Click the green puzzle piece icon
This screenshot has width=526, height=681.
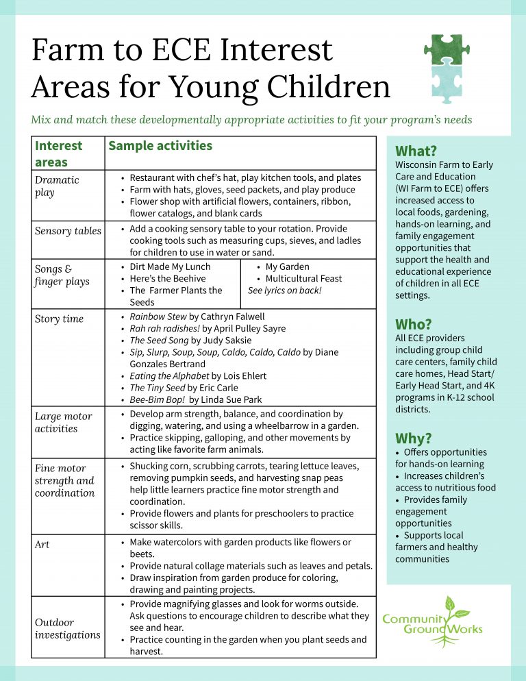[446, 50]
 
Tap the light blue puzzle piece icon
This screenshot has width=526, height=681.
[446, 80]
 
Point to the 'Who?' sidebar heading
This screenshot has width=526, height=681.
[414, 324]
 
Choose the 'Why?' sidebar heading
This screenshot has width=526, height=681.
[414, 438]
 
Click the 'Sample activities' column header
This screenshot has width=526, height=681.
[160, 146]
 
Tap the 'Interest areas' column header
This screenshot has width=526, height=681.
[58, 153]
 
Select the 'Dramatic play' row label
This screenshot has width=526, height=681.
[57, 186]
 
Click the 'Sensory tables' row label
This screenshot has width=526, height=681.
[68, 231]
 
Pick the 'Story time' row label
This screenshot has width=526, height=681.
[59, 319]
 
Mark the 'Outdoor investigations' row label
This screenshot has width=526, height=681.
[67, 628]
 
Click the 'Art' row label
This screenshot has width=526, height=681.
[42, 545]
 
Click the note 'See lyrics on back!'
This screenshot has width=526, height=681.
[284, 290]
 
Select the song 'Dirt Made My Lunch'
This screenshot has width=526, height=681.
[170, 267]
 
